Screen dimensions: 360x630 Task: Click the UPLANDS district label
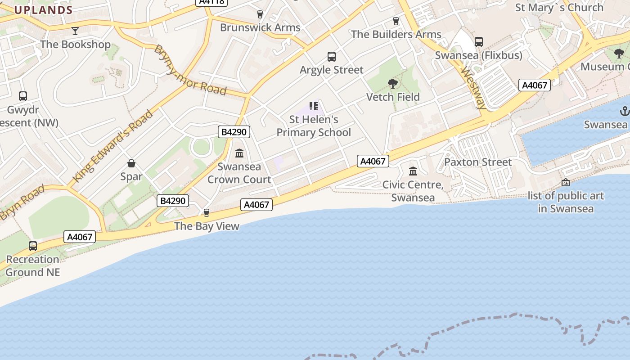click(43, 10)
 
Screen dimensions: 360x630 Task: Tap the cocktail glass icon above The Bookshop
click(75, 31)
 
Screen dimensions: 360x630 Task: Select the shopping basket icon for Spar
click(131, 163)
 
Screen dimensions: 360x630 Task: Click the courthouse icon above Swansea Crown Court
click(239, 153)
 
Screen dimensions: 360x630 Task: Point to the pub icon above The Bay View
click(207, 213)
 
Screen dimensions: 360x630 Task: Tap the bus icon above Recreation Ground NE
click(33, 246)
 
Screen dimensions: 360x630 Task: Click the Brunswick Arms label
click(260, 27)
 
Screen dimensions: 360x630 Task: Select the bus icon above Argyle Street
click(332, 57)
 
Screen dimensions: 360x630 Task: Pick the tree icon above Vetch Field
click(393, 84)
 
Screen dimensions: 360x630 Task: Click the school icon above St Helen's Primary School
click(314, 106)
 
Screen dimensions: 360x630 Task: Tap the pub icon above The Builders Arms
click(396, 21)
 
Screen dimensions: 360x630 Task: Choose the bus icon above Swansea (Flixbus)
click(479, 42)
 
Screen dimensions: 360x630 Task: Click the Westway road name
click(474, 89)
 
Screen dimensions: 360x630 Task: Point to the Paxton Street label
click(478, 162)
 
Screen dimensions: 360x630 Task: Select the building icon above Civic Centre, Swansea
click(413, 171)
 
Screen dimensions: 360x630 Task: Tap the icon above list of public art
click(566, 182)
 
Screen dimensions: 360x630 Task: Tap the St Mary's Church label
click(559, 8)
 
